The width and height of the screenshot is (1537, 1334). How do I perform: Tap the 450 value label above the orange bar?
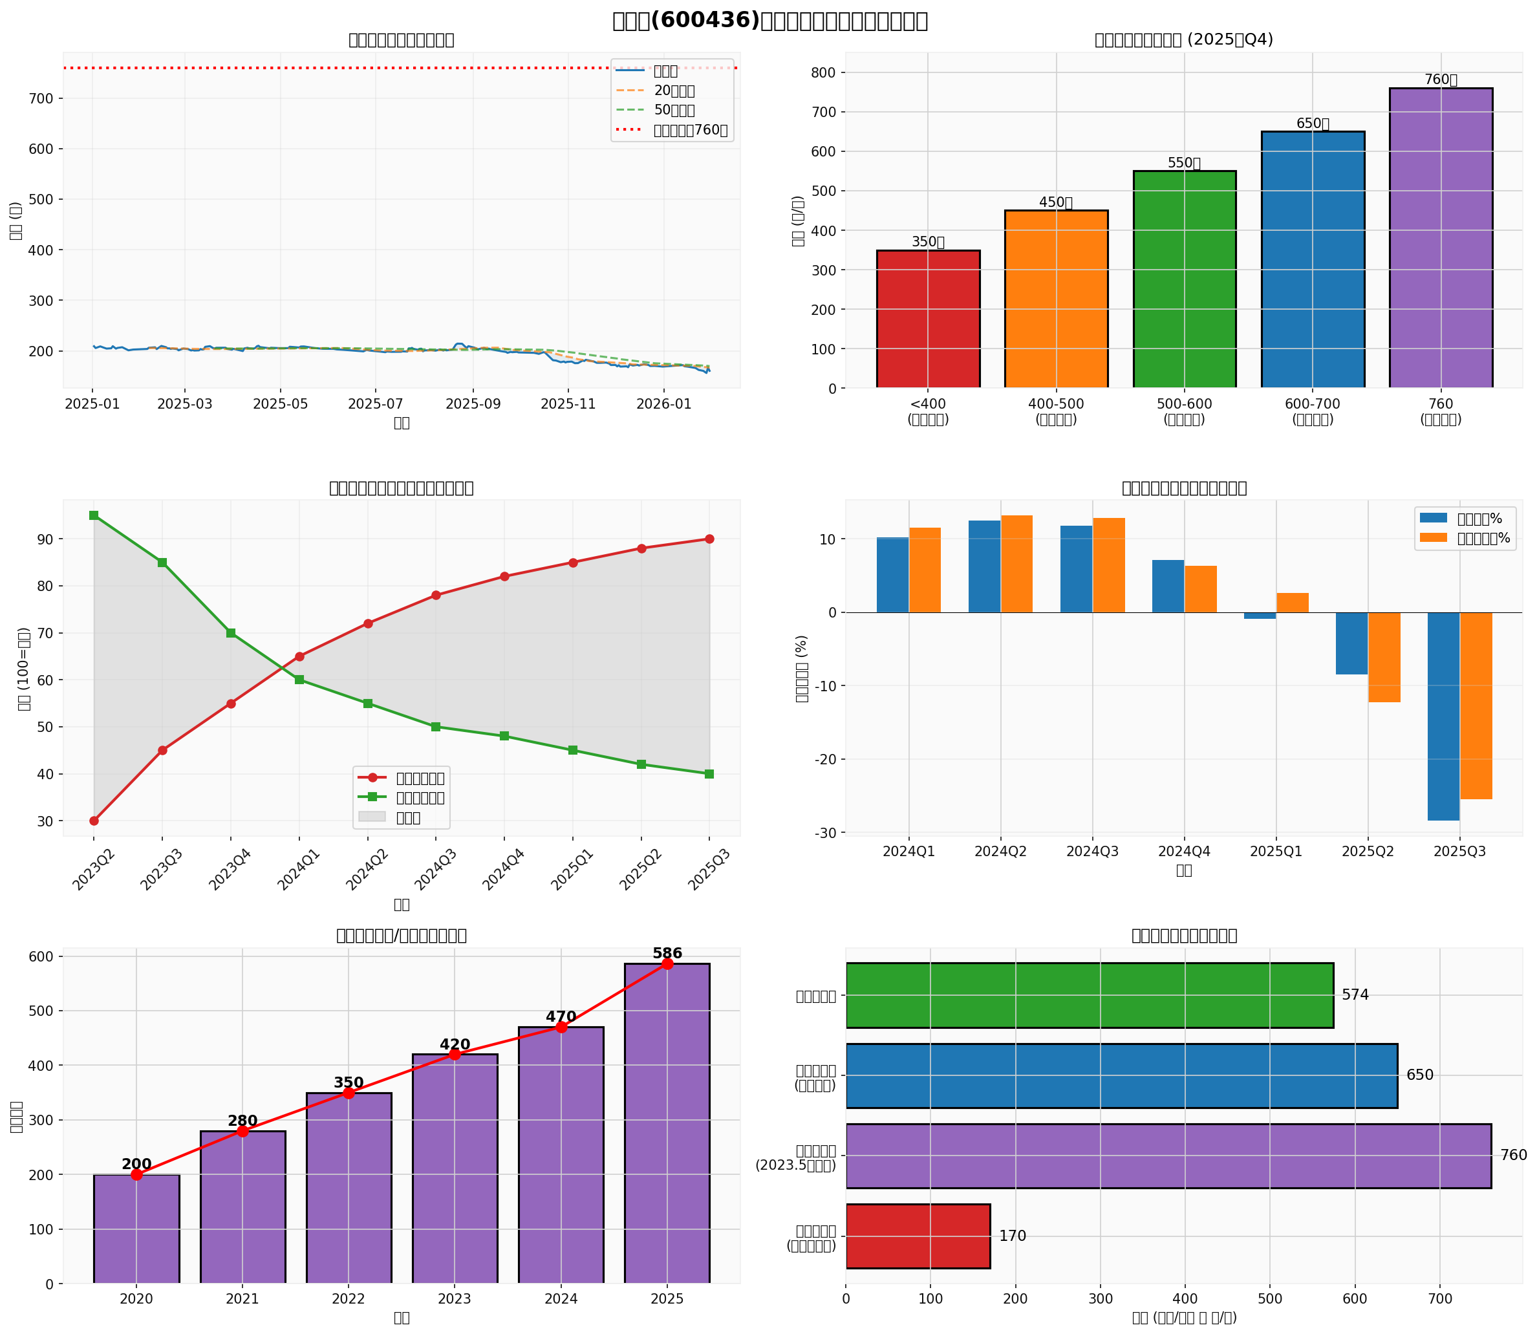[x=1055, y=202]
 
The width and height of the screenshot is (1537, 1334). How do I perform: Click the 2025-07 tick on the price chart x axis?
[x=375, y=403]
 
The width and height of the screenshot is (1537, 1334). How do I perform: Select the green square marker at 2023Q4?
[x=231, y=633]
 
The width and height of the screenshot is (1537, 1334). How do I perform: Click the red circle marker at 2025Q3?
[x=709, y=539]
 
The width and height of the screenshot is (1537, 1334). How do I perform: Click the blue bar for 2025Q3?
[x=1443, y=716]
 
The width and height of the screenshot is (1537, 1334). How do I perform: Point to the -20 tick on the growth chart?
[x=826, y=759]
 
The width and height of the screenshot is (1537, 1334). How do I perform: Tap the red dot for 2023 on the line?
[x=455, y=1054]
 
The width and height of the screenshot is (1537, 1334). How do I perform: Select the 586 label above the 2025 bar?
[x=667, y=954]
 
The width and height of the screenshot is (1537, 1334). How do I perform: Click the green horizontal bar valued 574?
[x=1089, y=995]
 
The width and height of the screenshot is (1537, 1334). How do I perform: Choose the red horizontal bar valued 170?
[x=918, y=1236]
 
